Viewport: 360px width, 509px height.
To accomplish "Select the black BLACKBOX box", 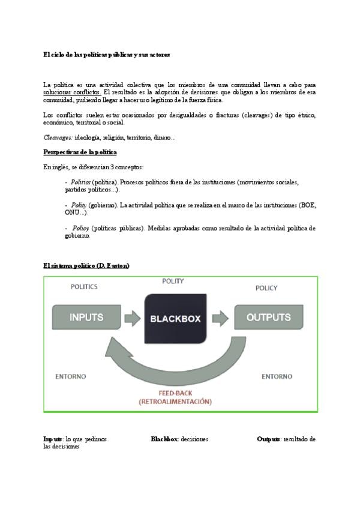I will coord(175,319).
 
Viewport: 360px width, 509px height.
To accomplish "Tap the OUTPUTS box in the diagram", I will coord(268,317).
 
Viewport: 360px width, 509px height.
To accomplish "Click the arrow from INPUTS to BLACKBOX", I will coord(133,317).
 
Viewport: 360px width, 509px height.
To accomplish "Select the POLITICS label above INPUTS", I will coord(84,287).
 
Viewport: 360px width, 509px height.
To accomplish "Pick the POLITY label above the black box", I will coord(173,281).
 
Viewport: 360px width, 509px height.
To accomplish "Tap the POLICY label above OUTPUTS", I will coord(266,288).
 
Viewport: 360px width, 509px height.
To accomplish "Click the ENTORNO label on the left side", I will coord(71,376).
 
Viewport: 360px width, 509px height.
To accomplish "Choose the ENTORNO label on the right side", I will coord(277,376).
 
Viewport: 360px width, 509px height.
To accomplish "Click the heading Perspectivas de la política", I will coord(80,152).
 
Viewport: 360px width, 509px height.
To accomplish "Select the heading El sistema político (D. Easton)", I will coord(86,265).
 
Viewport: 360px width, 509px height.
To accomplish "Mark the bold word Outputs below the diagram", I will coord(268,439).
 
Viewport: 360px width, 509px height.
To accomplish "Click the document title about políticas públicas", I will coord(107,55).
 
